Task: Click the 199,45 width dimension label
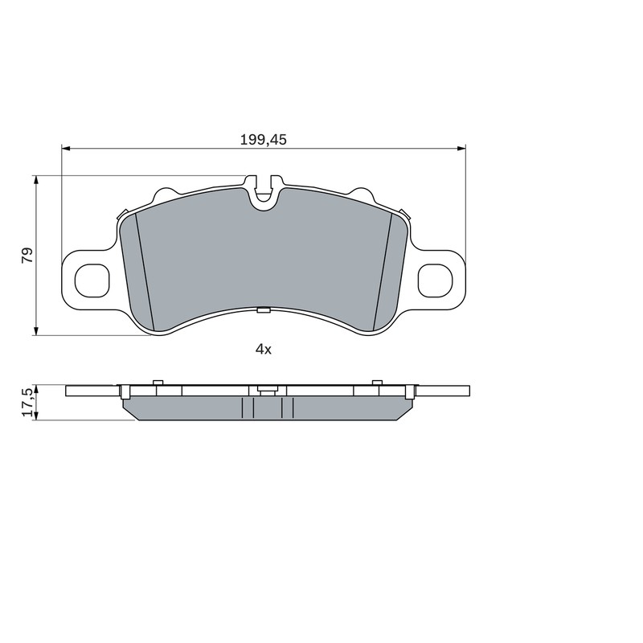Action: coord(264,140)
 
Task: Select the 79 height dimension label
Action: coord(27,255)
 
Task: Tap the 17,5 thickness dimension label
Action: coord(28,403)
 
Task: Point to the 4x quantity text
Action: coord(264,350)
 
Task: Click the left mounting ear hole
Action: coord(92,281)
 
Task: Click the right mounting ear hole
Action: coord(435,281)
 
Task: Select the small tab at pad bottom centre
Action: coord(264,310)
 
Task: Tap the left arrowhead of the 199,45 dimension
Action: coord(66,147)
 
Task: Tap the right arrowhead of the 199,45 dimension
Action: coord(461,147)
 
